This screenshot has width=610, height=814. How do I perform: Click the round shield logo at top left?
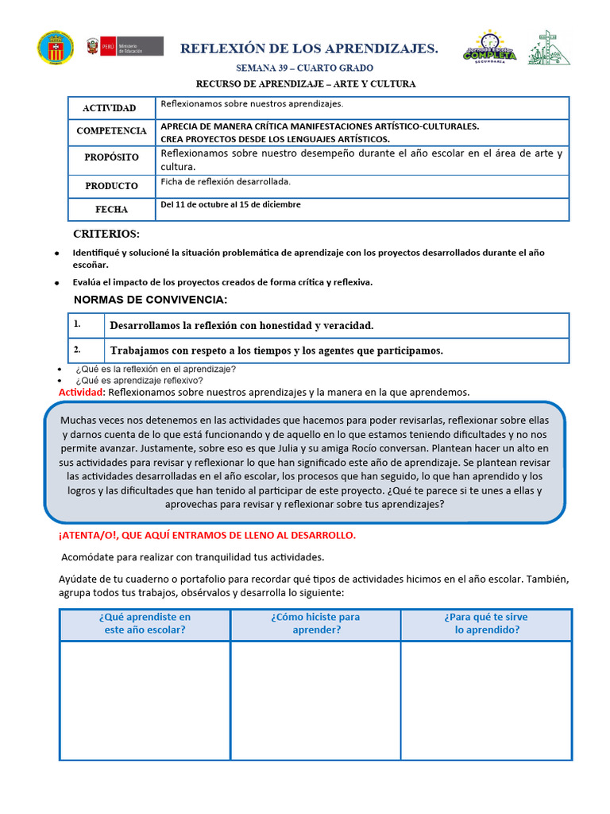tap(55, 48)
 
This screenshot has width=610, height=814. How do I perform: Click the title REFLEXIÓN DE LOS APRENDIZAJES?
tap(309, 49)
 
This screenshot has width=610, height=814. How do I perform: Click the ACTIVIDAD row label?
tap(110, 108)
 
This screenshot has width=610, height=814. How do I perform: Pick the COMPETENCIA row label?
tap(112, 131)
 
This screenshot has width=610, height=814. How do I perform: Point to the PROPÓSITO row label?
tap(112, 157)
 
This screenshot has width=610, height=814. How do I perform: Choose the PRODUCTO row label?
tap(112, 186)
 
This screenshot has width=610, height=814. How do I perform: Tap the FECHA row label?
tap(112, 210)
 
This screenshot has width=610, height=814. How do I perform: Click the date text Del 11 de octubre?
tap(230, 205)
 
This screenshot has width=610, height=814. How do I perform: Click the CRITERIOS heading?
tap(106, 235)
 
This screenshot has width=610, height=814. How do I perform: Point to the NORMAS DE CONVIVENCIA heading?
tap(150, 300)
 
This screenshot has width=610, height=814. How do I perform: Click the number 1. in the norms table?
tap(78, 325)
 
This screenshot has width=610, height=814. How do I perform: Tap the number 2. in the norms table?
tap(78, 350)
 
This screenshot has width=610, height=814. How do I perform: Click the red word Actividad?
tap(82, 393)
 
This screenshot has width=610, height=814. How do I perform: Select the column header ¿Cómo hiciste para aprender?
tap(315, 623)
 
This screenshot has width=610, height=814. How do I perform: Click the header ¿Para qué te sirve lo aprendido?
tap(486, 623)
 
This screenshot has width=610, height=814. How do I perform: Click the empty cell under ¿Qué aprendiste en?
tap(145, 700)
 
